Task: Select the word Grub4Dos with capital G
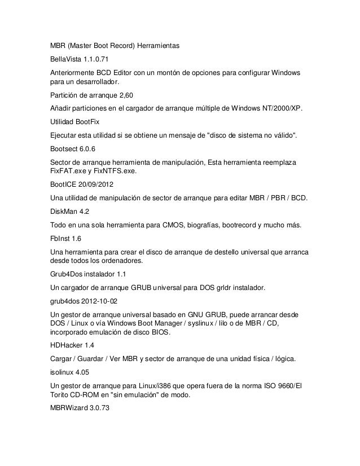click(x=67, y=275)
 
